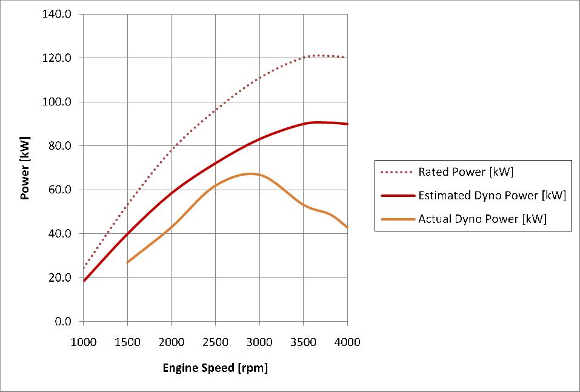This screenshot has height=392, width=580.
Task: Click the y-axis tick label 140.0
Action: (57, 14)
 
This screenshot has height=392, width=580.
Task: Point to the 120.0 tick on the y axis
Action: (57, 58)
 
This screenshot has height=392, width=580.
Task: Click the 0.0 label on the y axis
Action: (62, 322)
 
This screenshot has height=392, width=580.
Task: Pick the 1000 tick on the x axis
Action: (84, 342)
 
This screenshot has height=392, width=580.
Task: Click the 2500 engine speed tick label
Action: (215, 342)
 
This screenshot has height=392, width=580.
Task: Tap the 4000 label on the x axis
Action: (347, 342)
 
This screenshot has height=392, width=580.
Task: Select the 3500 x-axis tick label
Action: (303, 342)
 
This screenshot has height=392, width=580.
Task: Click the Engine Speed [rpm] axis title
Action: (215, 368)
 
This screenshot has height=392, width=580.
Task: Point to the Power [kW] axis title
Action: (25, 168)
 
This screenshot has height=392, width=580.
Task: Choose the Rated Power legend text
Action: (465, 172)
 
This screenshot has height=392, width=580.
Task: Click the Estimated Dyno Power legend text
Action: (492, 196)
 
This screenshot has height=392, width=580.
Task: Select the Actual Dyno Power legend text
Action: (482, 219)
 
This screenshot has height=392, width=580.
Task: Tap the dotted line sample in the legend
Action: (396, 172)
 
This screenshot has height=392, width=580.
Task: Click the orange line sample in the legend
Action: (396, 219)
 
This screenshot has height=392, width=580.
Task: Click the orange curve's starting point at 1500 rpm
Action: (127, 262)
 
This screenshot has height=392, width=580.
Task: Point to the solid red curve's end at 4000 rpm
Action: (347, 124)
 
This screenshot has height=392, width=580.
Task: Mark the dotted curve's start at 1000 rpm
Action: (84, 268)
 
